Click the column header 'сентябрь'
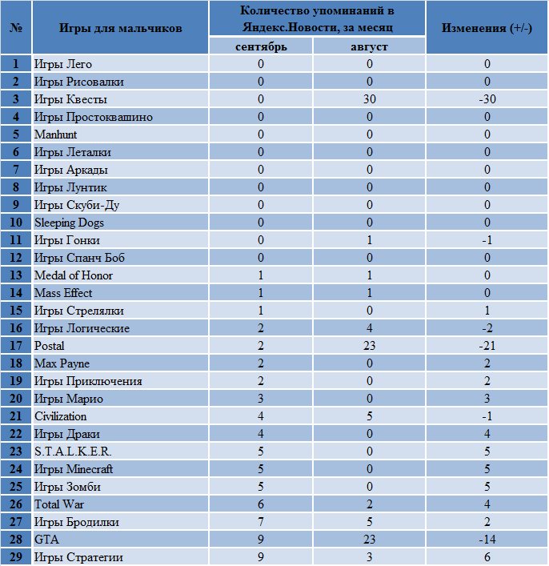pos(261,47)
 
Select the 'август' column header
pos(369,47)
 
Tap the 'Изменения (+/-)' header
pos(487,28)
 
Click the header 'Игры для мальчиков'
pos(121,28)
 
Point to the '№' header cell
pos(16,28)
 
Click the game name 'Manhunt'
pos(55,134)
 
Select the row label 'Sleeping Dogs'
pos(69,223)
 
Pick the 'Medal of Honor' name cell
pos(74,275)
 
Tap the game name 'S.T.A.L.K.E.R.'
pos(73,452)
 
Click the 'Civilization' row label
pos(60,416)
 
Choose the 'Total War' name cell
pos(59,504)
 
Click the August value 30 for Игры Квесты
pos(369,99)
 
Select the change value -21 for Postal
pos(487,346)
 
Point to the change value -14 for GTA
pos(487,540)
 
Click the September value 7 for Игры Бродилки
pos(261,522)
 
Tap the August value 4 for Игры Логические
pos(369,328)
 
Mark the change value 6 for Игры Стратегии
pos(487,557)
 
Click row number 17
pos(16,346)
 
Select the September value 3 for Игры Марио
pos(261,399)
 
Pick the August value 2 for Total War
pos(369,504)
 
